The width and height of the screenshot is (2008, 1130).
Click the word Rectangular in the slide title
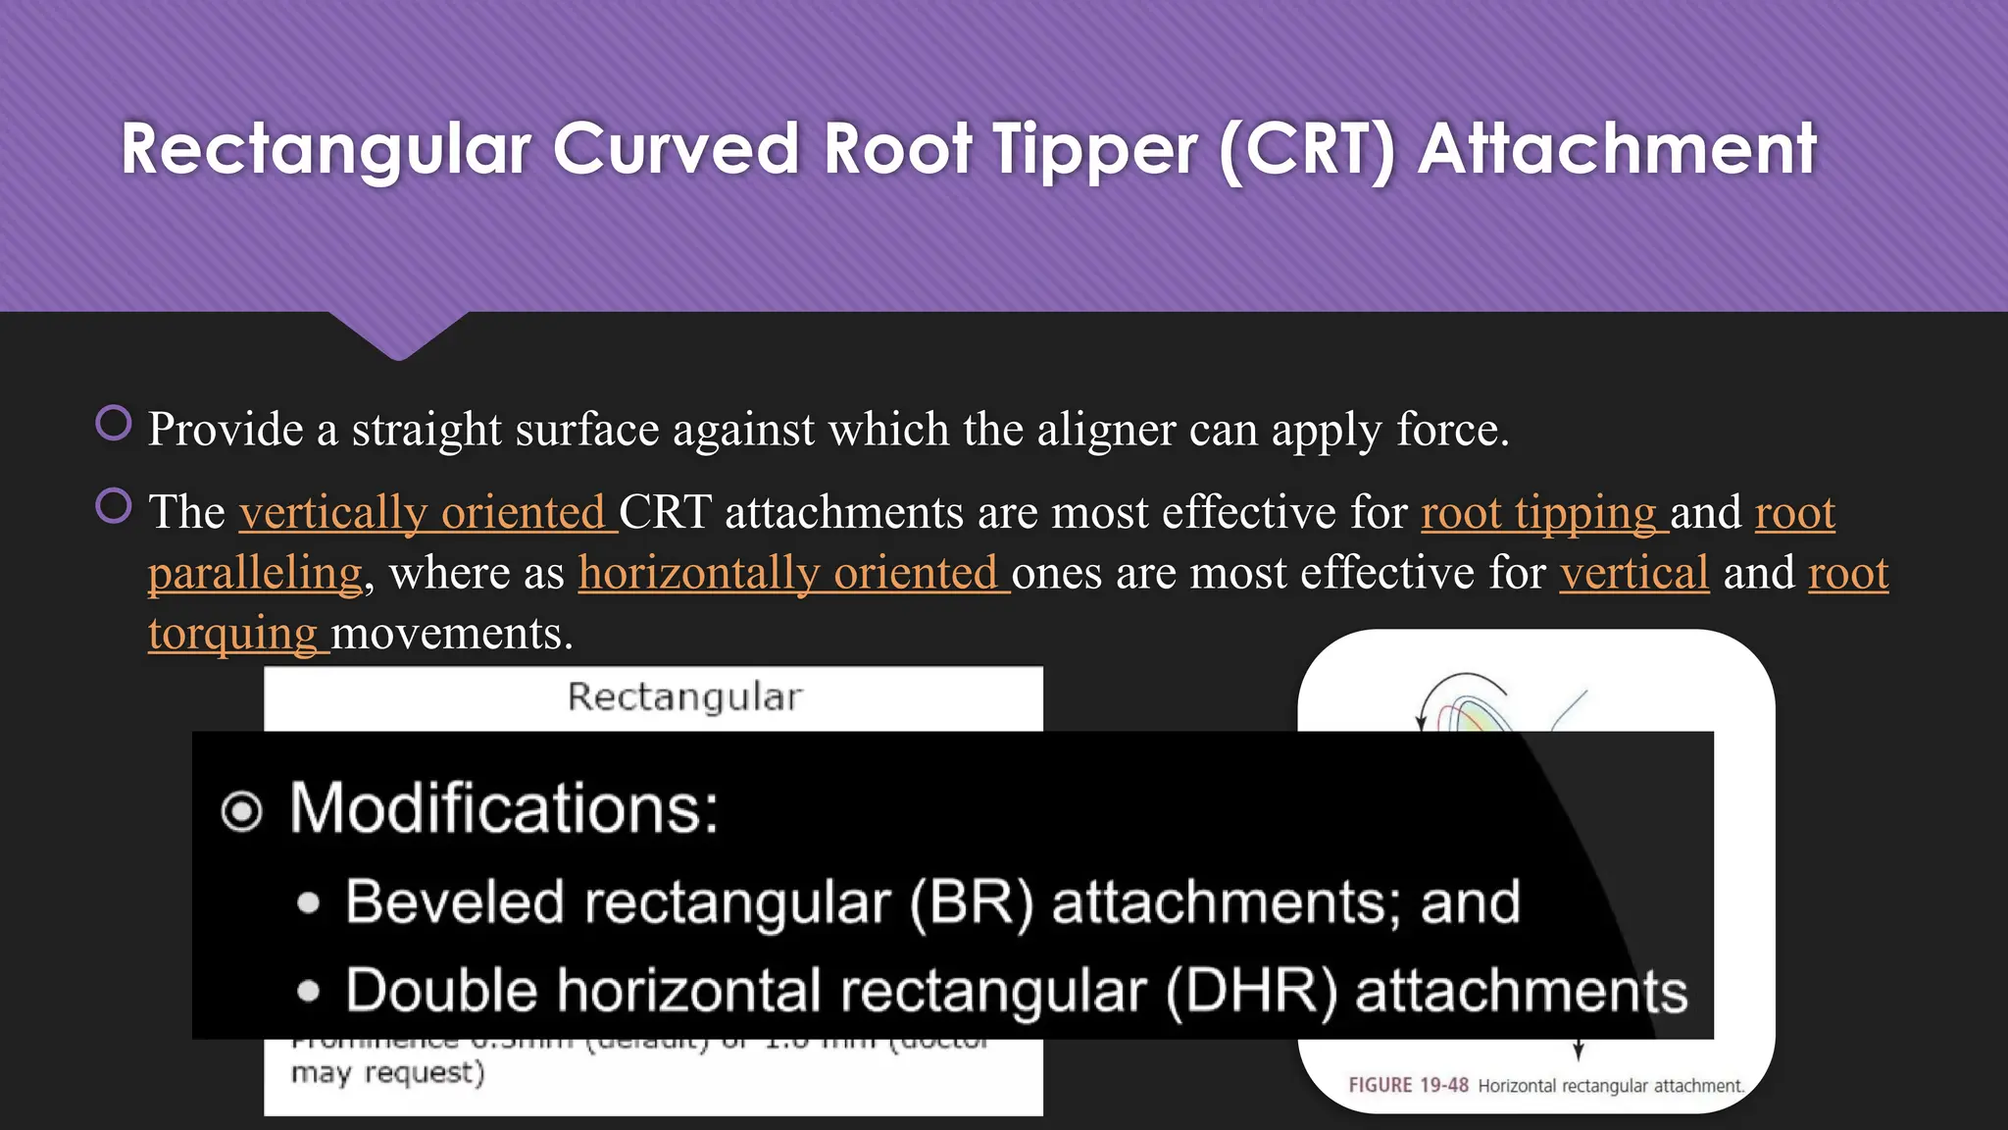[x=326, y=149]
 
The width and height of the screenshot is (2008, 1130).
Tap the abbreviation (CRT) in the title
[x=1308, y=149]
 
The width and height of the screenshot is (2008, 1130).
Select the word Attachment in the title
[x=1617, y=149]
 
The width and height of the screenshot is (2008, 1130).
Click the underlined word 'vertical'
[x=1634, y=573]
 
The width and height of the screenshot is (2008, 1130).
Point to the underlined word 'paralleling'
[x=255, y=573]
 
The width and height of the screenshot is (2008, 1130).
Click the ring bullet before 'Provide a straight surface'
[x=114, y=424]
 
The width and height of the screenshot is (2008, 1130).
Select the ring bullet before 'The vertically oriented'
[x=114, y=506]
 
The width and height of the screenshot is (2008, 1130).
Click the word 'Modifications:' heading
[x=504, y=808]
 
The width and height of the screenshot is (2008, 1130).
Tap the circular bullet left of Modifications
[x=241, y=811]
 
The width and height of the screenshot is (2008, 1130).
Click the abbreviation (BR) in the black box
[x=971, y=902]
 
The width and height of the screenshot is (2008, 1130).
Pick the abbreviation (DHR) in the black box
[x=1251, y=991]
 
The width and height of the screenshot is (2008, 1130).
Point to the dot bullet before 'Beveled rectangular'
[x=309, y=903]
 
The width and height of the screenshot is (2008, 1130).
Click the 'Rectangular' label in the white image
[x=684, y=697]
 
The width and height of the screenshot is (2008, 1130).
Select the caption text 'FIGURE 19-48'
[x=1408, y=1086]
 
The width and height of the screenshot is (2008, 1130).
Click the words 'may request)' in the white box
[x=388, y=1073]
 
